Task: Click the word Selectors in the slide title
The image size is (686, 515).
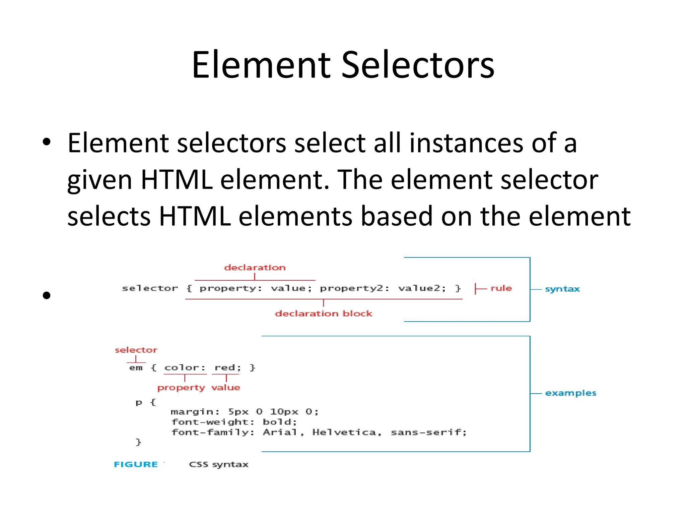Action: tap(417, 65)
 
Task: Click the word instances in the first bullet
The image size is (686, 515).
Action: tap(466, 143)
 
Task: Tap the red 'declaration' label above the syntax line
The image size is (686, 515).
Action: tap(255, 268)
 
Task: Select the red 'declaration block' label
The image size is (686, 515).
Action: tap(324, 313)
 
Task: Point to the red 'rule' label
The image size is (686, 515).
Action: tap(501, 288)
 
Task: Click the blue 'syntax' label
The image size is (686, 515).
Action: tap(562, 289)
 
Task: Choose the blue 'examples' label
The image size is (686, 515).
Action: tap(570, 393)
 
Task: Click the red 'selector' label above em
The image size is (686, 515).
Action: tap(136, 350)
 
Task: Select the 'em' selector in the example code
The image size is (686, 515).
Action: tap(136, 368)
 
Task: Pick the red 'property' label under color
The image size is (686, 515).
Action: tap(181, 388)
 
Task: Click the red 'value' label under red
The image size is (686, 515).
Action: tap(226, 388)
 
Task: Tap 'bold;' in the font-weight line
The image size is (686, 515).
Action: tap(280, 422)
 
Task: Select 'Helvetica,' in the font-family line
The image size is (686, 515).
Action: tap(347, 433)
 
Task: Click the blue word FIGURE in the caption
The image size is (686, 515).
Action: tap(136, 464)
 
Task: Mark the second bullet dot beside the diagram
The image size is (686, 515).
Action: tap(47, 295)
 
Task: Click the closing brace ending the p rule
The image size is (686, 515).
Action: tap(138, 442)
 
